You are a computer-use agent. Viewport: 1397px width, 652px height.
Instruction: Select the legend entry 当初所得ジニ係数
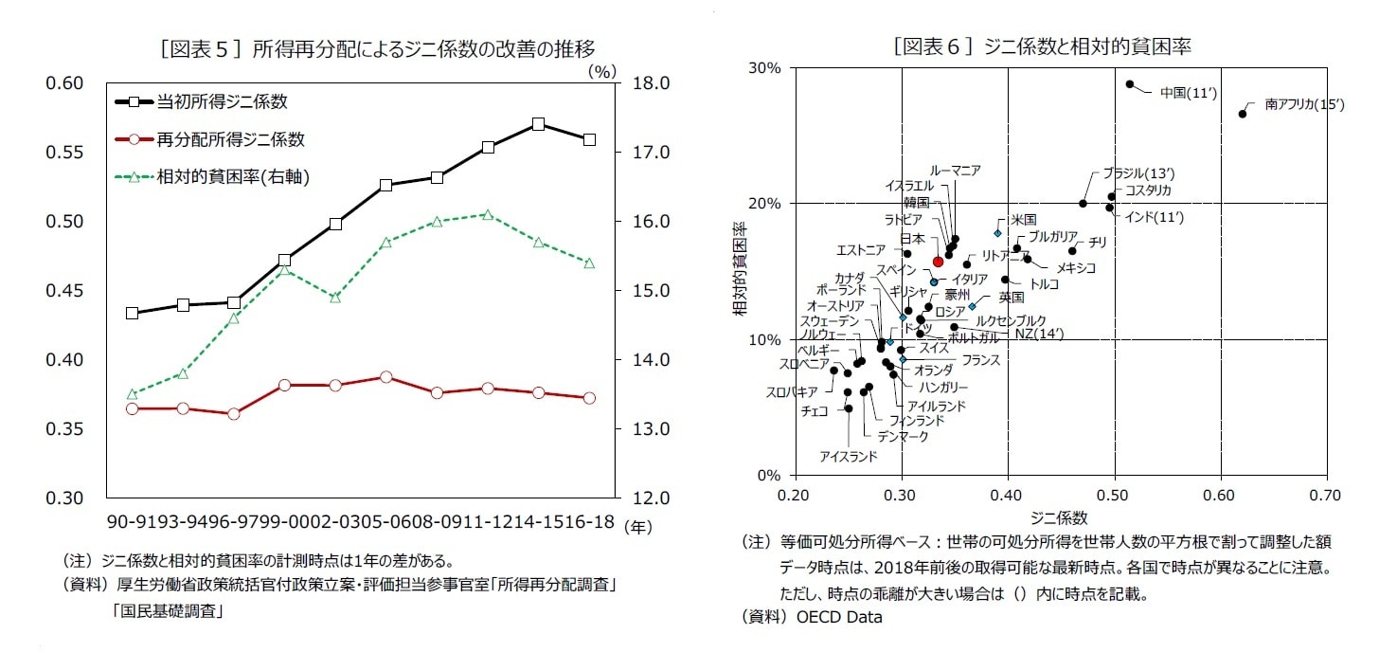(223, 101)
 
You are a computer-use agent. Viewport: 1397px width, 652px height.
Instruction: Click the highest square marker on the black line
(538, 124)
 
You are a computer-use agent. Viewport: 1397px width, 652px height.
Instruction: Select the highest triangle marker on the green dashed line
(487, 215)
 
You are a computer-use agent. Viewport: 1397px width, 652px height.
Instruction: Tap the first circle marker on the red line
(133, 408)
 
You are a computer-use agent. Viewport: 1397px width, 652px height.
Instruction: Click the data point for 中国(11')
(1130, 84)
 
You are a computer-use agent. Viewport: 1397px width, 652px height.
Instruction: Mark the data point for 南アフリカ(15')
(1243, 114)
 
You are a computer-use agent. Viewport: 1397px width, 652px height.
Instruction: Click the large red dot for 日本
(939, 262)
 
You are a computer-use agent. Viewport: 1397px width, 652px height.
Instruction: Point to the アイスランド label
(848, 457)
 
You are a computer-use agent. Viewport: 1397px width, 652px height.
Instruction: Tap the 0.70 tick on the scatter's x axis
(1326, 496)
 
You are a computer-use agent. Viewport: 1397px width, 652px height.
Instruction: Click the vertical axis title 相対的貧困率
(743, 271)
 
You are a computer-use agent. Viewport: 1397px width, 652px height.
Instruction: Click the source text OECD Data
(839, 617)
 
